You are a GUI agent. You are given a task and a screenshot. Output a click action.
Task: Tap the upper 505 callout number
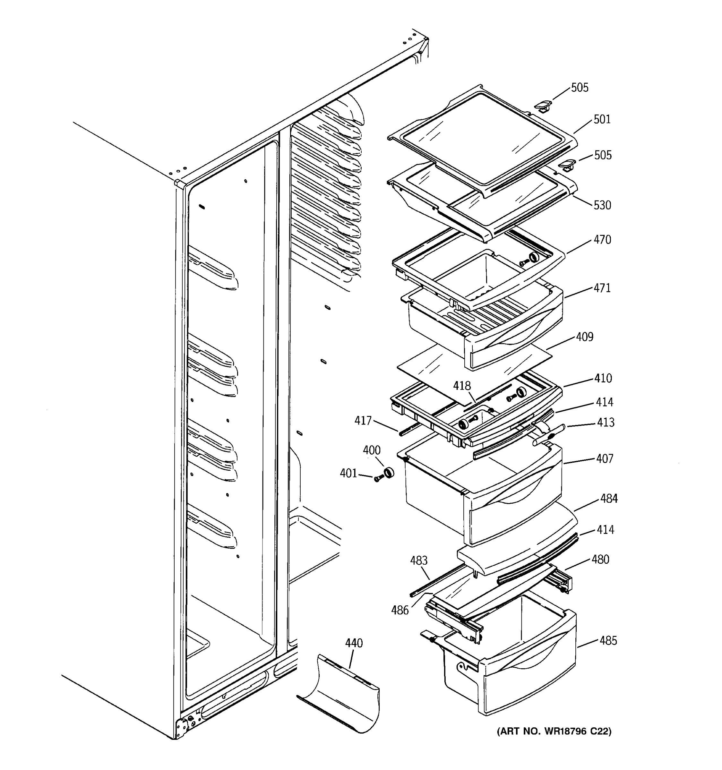(x=580, y=88)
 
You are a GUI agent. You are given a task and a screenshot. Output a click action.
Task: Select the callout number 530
(x=602, y=205)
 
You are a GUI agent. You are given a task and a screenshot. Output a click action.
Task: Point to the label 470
(x=602, y=240)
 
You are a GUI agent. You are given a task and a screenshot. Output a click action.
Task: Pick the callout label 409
(x=584, y=337)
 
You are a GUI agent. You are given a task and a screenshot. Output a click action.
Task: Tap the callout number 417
(x=363, y=421)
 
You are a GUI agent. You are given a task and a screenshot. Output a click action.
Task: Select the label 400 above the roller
(x=372, y=450)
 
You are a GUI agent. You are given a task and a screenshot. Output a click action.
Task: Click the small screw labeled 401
(x=378, y=479)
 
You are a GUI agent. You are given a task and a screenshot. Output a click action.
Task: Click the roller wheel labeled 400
(x=388, y=473)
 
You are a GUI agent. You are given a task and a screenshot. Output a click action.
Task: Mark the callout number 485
(x=608, y=641)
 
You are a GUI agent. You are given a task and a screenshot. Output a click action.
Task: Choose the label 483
(x=419, y=560)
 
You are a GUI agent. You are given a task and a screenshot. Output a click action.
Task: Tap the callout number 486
(x=400, y=611)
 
